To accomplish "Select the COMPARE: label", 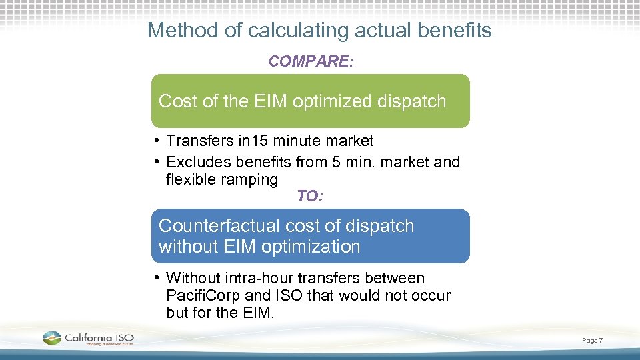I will [x=311, y=62].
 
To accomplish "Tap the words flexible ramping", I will [x=221, y=179].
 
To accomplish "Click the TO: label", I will [x=310, y=196].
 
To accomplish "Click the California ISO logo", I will [x=88, y=339].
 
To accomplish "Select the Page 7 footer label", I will [x=592, y=341].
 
